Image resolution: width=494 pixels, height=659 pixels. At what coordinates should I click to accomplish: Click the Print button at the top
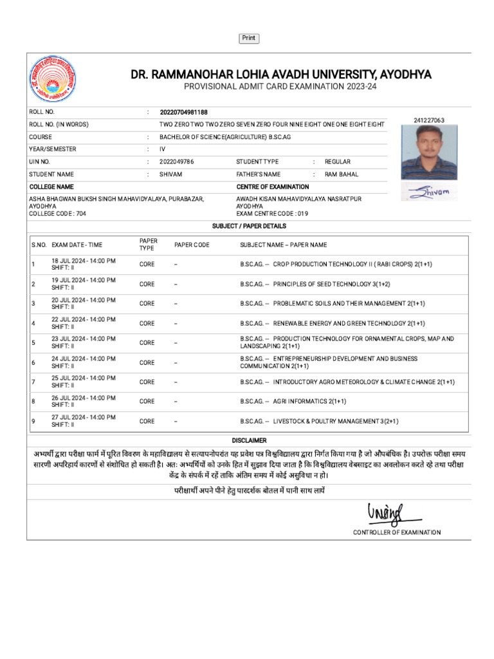(249, 39)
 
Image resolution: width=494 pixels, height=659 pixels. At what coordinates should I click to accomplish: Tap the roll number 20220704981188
(184, 112)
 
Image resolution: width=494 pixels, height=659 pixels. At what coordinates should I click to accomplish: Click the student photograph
(430, 152)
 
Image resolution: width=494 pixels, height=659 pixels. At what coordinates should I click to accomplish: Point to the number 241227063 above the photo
(429, 120)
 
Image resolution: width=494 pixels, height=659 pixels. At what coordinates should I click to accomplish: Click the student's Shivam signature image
(430, 191)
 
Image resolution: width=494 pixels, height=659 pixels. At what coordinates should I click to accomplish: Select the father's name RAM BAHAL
(342, 174)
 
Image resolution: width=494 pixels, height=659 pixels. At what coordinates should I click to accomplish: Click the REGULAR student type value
(338, 162)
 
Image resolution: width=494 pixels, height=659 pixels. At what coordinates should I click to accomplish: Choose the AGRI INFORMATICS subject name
(309, 402)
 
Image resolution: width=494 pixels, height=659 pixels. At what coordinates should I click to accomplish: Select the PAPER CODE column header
(192, 245)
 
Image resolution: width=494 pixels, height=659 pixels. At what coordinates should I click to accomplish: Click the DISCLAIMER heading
(249, 441)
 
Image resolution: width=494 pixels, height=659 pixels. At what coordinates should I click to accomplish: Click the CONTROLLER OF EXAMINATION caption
(397, 532)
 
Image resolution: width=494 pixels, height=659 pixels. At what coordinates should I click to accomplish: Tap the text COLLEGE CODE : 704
(57, 213)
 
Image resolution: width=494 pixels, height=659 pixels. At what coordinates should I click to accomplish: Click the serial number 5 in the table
(33, 342)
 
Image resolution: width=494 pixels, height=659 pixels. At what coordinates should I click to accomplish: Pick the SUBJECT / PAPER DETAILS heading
(249, 227)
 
